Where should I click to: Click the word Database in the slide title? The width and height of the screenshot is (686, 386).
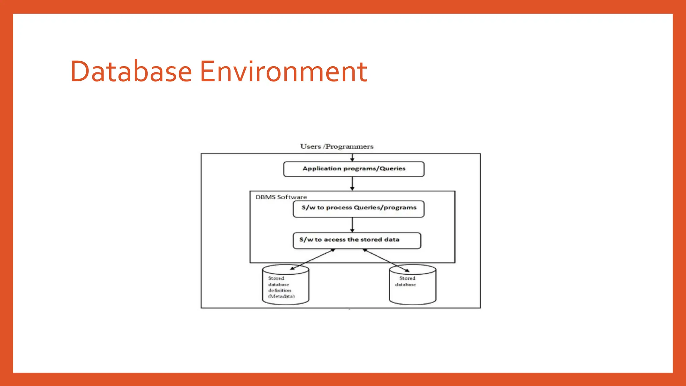point(131,71)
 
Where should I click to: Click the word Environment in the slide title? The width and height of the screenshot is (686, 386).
point(283,71)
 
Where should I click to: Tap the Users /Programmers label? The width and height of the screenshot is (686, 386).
point(337,146)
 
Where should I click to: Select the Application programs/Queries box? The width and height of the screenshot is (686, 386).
point(354,169)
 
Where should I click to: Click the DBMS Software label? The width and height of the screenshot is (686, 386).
point(281,197)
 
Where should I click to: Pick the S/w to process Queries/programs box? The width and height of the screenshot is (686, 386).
point(358,209)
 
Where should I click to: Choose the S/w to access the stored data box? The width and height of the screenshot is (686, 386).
point(357,240)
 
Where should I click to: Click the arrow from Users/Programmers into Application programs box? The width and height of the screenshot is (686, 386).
point(352,158)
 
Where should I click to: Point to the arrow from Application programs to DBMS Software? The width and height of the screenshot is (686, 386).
point(352,184)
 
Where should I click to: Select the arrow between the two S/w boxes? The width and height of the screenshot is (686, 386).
point(352,225)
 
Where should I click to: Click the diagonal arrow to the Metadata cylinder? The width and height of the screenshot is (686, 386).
point(313,259)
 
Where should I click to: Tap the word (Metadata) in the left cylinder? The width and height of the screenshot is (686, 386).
point(281,296)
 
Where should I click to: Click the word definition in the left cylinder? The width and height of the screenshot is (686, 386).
point(280,290)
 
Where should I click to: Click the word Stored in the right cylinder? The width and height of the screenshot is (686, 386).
point(407,278)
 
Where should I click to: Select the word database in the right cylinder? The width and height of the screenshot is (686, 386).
point(405,284)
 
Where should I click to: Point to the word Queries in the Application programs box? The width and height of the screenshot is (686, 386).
point(392,169)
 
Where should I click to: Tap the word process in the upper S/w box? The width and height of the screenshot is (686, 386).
point(339,207)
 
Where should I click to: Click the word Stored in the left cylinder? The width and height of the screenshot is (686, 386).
point(276,278)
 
